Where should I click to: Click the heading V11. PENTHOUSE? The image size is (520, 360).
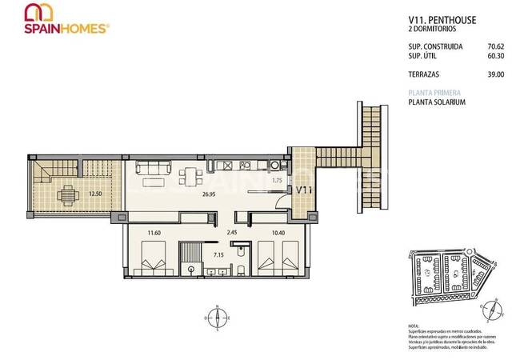437,22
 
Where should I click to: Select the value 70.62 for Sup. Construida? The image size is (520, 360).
494,47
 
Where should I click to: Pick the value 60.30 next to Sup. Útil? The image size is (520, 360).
494,56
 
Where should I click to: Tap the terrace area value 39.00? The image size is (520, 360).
494,74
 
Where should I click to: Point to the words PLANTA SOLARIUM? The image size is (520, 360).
437,102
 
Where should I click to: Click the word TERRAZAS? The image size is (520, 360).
424,74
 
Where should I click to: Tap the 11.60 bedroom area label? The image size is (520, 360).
154,233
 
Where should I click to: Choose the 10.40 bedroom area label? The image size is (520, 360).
278,233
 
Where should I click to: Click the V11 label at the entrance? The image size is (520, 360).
304,190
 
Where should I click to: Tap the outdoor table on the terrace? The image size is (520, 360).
69,193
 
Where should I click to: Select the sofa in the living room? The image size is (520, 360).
153,170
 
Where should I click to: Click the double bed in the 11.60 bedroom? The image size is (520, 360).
156,264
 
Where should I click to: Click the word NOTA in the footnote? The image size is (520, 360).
414,327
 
